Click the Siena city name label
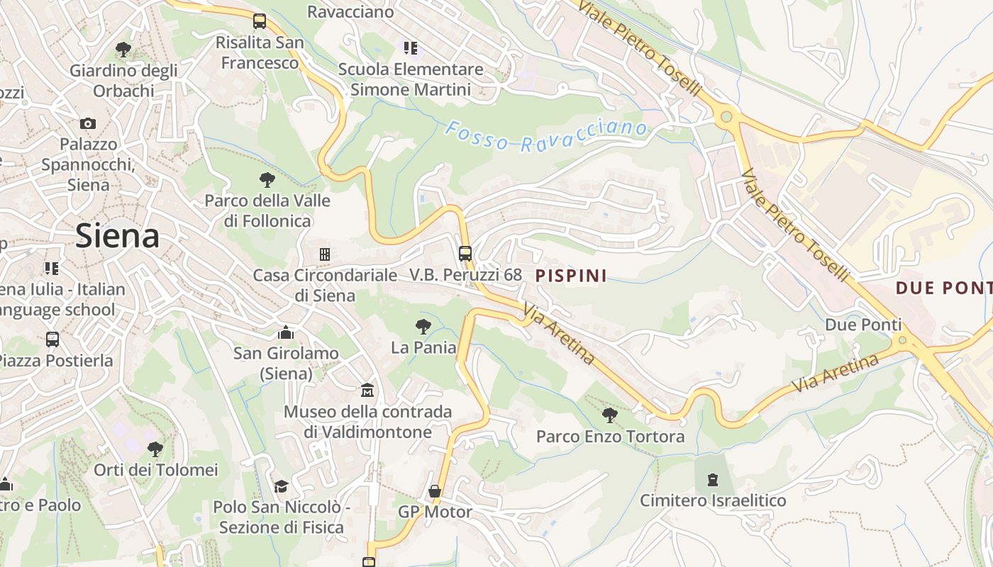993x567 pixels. point(117,235)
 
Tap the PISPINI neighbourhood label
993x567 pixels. point(571,276)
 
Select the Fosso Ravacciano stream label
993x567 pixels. point(546,136)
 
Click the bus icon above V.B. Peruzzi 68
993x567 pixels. point(465,253)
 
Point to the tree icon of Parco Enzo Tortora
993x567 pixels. point(609,415)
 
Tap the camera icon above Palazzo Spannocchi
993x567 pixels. point(88,123)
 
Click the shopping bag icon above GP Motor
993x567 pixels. point(435,491)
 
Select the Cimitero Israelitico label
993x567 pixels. point(713,500)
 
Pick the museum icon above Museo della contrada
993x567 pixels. point(367,390)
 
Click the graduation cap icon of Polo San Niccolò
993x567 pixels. point(282,486)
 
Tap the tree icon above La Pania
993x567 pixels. point(423,326)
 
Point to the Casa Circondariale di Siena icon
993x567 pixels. point(325,254)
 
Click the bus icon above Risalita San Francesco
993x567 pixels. point(260,21)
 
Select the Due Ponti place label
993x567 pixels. point(863,325)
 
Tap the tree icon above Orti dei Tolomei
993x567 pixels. point(155,449)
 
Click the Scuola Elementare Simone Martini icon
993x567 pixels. point(411,48)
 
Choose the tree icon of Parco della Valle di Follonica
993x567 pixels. point(267,179)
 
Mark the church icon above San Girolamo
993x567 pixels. point(286,332)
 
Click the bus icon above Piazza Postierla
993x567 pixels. point(52,339)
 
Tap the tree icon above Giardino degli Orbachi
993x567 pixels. point(123,50)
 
